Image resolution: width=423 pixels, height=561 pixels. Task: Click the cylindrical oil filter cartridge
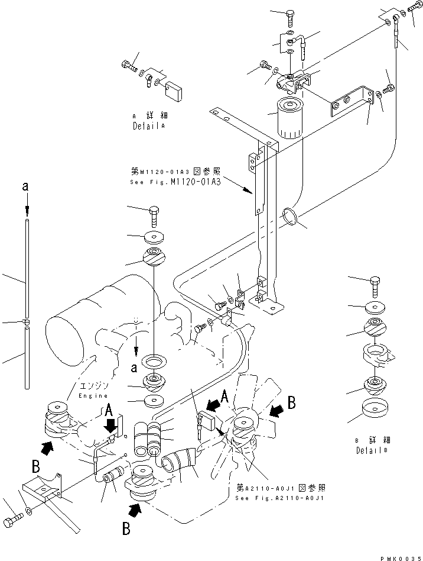[x=289, y=118]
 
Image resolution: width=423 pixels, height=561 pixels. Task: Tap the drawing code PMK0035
[x=399, y=557]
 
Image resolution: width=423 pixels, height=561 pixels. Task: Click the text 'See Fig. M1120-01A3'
[x=175, y=182]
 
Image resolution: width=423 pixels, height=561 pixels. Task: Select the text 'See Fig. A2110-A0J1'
[x=281, y=497]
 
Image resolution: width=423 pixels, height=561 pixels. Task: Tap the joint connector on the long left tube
[x=27, y=322]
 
